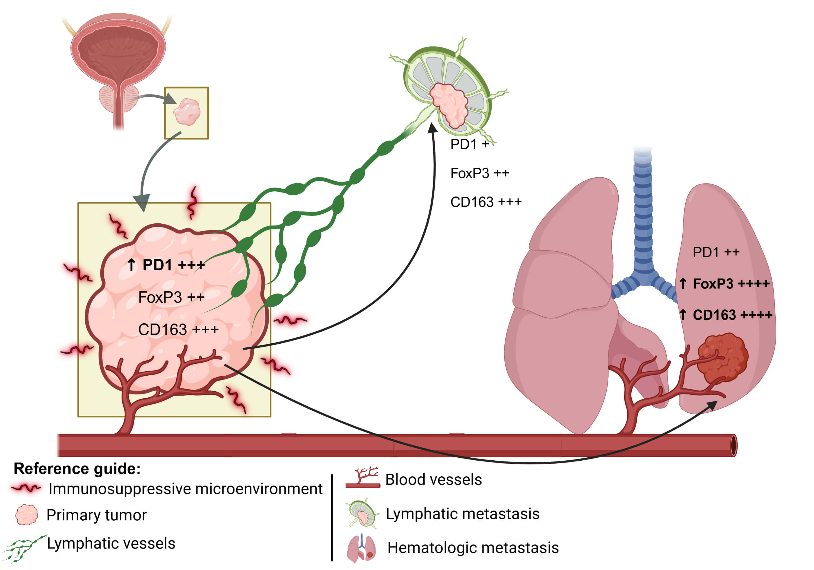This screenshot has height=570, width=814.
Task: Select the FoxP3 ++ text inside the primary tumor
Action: (171, 297)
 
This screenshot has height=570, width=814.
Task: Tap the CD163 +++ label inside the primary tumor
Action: (178, 330)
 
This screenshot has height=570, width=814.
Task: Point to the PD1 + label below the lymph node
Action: (469, 144)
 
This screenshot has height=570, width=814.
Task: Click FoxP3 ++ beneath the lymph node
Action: (479, 173)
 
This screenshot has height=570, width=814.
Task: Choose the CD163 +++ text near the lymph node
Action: (486, 202)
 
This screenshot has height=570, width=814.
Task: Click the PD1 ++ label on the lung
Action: (716, 252)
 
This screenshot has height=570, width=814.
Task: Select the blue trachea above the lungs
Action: (643, 213)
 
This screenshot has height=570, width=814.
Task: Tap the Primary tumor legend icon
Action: (27, 515)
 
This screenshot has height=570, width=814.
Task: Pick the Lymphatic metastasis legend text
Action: (462, 514)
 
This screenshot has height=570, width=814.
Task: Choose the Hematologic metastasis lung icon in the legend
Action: (361, 548)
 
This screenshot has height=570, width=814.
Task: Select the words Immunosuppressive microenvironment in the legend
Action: (185, 489)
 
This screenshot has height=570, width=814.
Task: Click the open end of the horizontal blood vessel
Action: (733, 445)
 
